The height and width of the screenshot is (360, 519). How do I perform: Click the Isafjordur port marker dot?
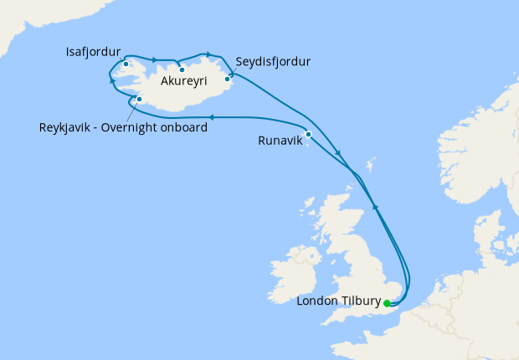126,64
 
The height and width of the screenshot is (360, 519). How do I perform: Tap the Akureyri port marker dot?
182,69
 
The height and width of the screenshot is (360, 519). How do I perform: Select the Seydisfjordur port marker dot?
227,80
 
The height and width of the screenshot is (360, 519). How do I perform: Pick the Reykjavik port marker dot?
139,100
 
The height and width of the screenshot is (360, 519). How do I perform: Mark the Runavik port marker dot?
309,134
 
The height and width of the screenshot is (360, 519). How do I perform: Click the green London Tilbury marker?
387,303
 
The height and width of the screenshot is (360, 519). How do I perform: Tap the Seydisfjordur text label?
273,62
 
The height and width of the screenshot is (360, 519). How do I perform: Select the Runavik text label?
280,141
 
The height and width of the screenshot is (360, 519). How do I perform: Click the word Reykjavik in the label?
67,128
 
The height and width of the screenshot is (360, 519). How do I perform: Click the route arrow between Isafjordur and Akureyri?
154,59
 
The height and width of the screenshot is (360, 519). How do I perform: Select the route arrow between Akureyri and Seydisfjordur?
207,54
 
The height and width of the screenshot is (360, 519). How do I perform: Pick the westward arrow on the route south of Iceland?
211,118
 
